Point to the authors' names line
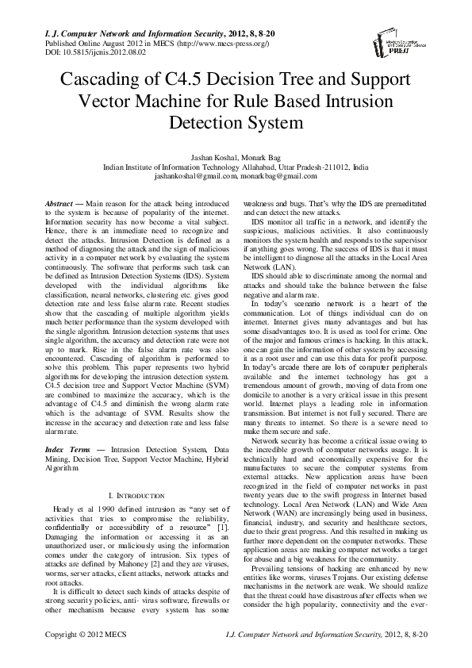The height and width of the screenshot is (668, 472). [236, 159]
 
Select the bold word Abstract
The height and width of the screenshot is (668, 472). [59, 205]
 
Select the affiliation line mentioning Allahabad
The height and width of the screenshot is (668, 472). [236, 168]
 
